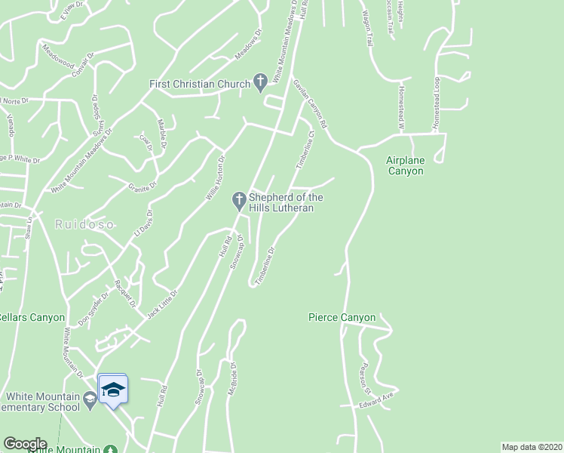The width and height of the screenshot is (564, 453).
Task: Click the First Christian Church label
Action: (199, 84)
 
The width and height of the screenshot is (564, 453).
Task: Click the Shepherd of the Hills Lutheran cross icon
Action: (238, 200)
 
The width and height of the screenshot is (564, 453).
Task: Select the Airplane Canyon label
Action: (405, 165)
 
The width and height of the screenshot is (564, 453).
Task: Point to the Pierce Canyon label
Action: (342, 318)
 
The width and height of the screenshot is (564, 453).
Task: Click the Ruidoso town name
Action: (76, 223)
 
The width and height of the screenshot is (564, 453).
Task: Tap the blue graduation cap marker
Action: (112, 390)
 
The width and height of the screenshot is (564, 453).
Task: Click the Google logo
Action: (25, 444)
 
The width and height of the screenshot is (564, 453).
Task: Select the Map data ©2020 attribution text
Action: (532, 447)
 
